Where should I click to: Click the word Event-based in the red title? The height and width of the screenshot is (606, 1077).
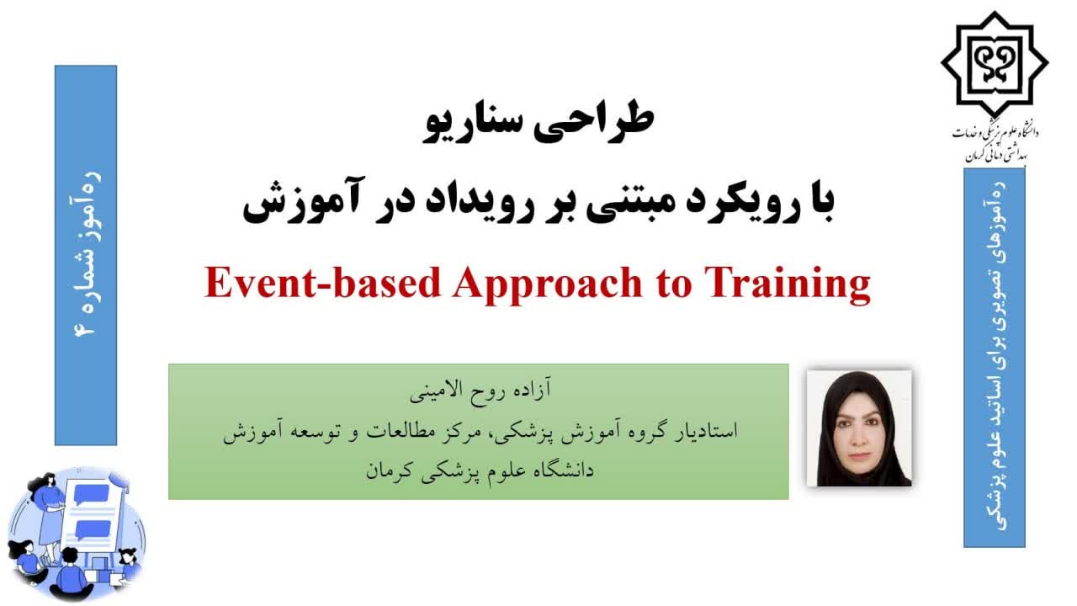[x=323, y=283]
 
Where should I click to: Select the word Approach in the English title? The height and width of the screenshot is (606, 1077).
[x=547, y=285]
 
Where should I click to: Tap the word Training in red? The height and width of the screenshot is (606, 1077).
[x=788, y=285]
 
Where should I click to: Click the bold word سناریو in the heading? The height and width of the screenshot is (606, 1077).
[x=473, y=126]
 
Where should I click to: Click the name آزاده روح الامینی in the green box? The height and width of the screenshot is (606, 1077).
[x=480, y=390]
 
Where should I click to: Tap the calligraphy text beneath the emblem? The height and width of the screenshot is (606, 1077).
[x=995, y=142]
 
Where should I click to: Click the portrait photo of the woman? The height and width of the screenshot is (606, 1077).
[x=859, y=428]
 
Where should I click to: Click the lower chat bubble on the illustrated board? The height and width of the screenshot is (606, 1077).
[x=87, y=529]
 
